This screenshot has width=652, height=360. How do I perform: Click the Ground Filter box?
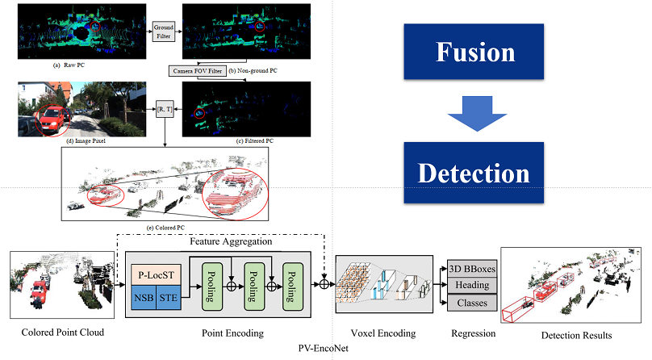click(164, 31)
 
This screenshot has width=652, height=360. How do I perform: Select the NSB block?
click(145, 298)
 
